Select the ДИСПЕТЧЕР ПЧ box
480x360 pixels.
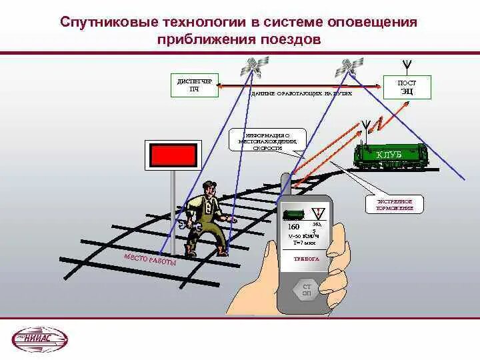pyautogui.click(x=194, y=85)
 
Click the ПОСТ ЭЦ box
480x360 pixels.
pyautogui.click(x=407, y=86)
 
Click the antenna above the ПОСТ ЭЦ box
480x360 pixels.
pyautogui.click(x=406, y=65)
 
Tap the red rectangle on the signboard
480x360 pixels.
pyautogui.click(x=173, y=155)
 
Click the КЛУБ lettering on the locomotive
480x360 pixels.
pyautogui.click(x=389, y=155)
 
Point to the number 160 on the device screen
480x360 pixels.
pyautogui.click(x=293, y=227)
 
